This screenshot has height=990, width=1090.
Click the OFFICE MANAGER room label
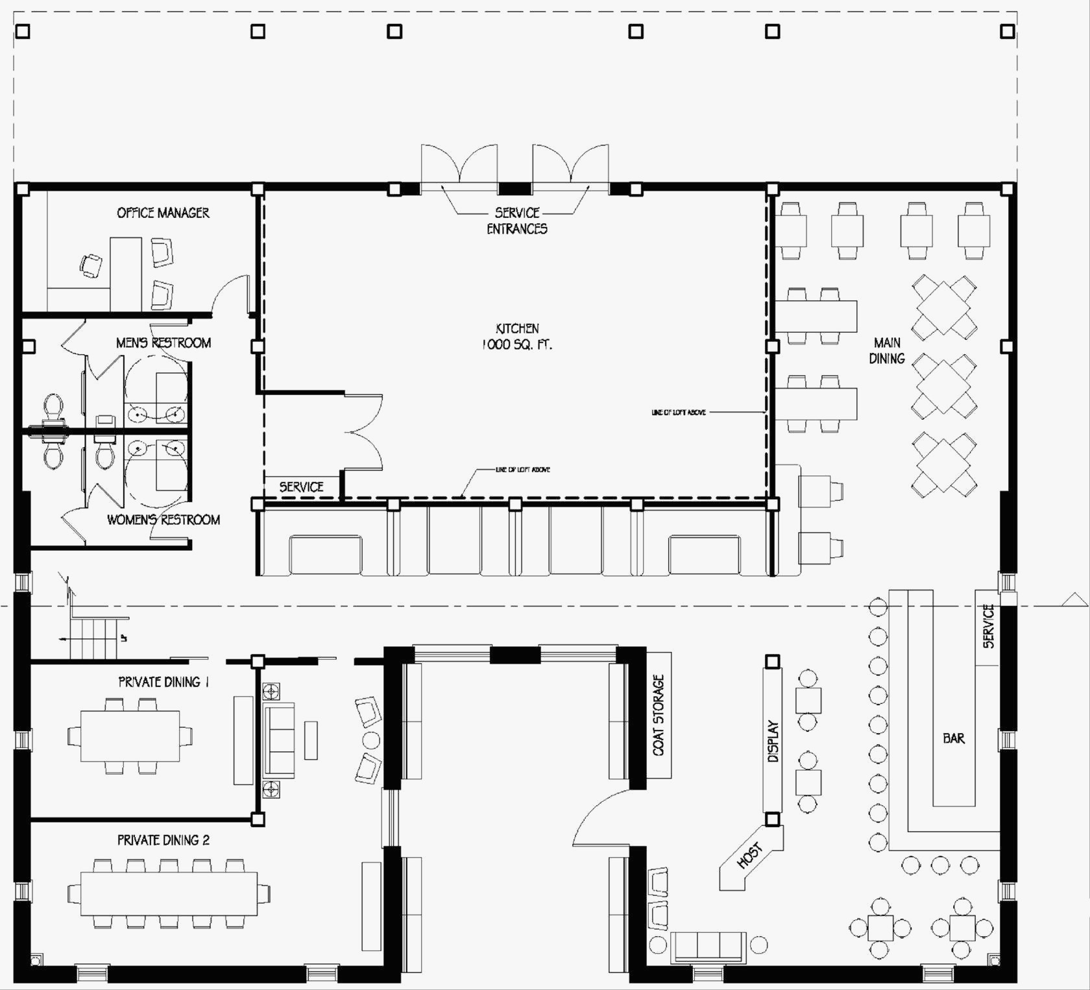tap(163, 213)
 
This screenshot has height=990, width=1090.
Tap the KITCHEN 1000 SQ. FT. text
tap(517, 337)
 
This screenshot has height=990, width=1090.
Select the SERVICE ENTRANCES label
tap(517, 221)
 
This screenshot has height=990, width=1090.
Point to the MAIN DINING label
tap(887, 350)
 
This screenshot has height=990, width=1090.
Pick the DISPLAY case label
tap(773, 741)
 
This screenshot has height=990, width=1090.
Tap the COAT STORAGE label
tap(659, 715)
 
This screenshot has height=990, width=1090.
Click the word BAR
tap(954, 738)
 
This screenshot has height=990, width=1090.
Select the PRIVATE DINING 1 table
tap(130, 736)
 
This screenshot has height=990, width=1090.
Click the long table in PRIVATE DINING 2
tap(169, 894)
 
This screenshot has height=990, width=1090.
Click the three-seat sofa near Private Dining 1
tap(279, 740)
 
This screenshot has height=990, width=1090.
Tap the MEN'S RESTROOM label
tap(163, 343)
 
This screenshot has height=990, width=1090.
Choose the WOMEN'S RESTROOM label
tap(163, 520)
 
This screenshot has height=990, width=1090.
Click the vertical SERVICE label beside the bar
tap(988, 626)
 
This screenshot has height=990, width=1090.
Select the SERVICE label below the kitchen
tap(301, 487)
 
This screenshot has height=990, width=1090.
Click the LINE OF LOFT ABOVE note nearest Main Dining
tap(679, 413)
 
